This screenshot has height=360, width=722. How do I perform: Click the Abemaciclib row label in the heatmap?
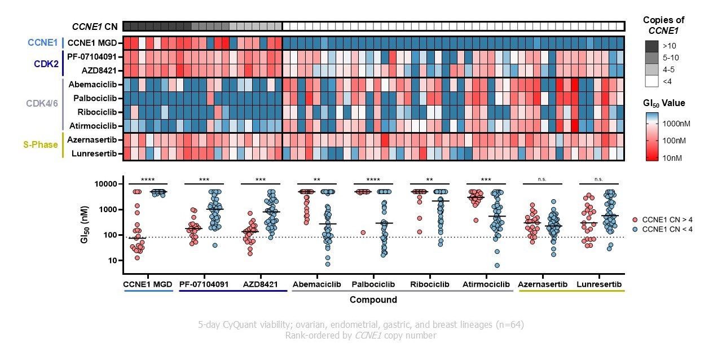[93, 85]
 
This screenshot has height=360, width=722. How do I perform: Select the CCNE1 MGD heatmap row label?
[94, 42]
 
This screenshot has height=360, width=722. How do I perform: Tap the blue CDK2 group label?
[46, 63]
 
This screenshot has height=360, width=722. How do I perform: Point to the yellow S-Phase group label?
[41, 145]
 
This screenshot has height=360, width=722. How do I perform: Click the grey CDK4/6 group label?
[42, 104]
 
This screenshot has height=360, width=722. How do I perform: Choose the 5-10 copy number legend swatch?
[653, 58]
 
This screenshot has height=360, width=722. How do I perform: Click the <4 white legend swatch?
[653, 81]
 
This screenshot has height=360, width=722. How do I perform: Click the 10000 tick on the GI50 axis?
[105, 184]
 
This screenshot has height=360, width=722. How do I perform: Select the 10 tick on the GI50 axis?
[111, 260]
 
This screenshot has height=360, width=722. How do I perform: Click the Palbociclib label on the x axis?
[374, 284]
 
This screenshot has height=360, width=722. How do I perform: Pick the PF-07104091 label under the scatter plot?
[204, 284]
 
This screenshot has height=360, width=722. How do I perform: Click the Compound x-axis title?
[373, 300]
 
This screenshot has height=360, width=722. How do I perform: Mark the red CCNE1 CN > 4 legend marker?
[635, 218]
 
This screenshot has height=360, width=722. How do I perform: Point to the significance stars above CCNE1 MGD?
[148, 179]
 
